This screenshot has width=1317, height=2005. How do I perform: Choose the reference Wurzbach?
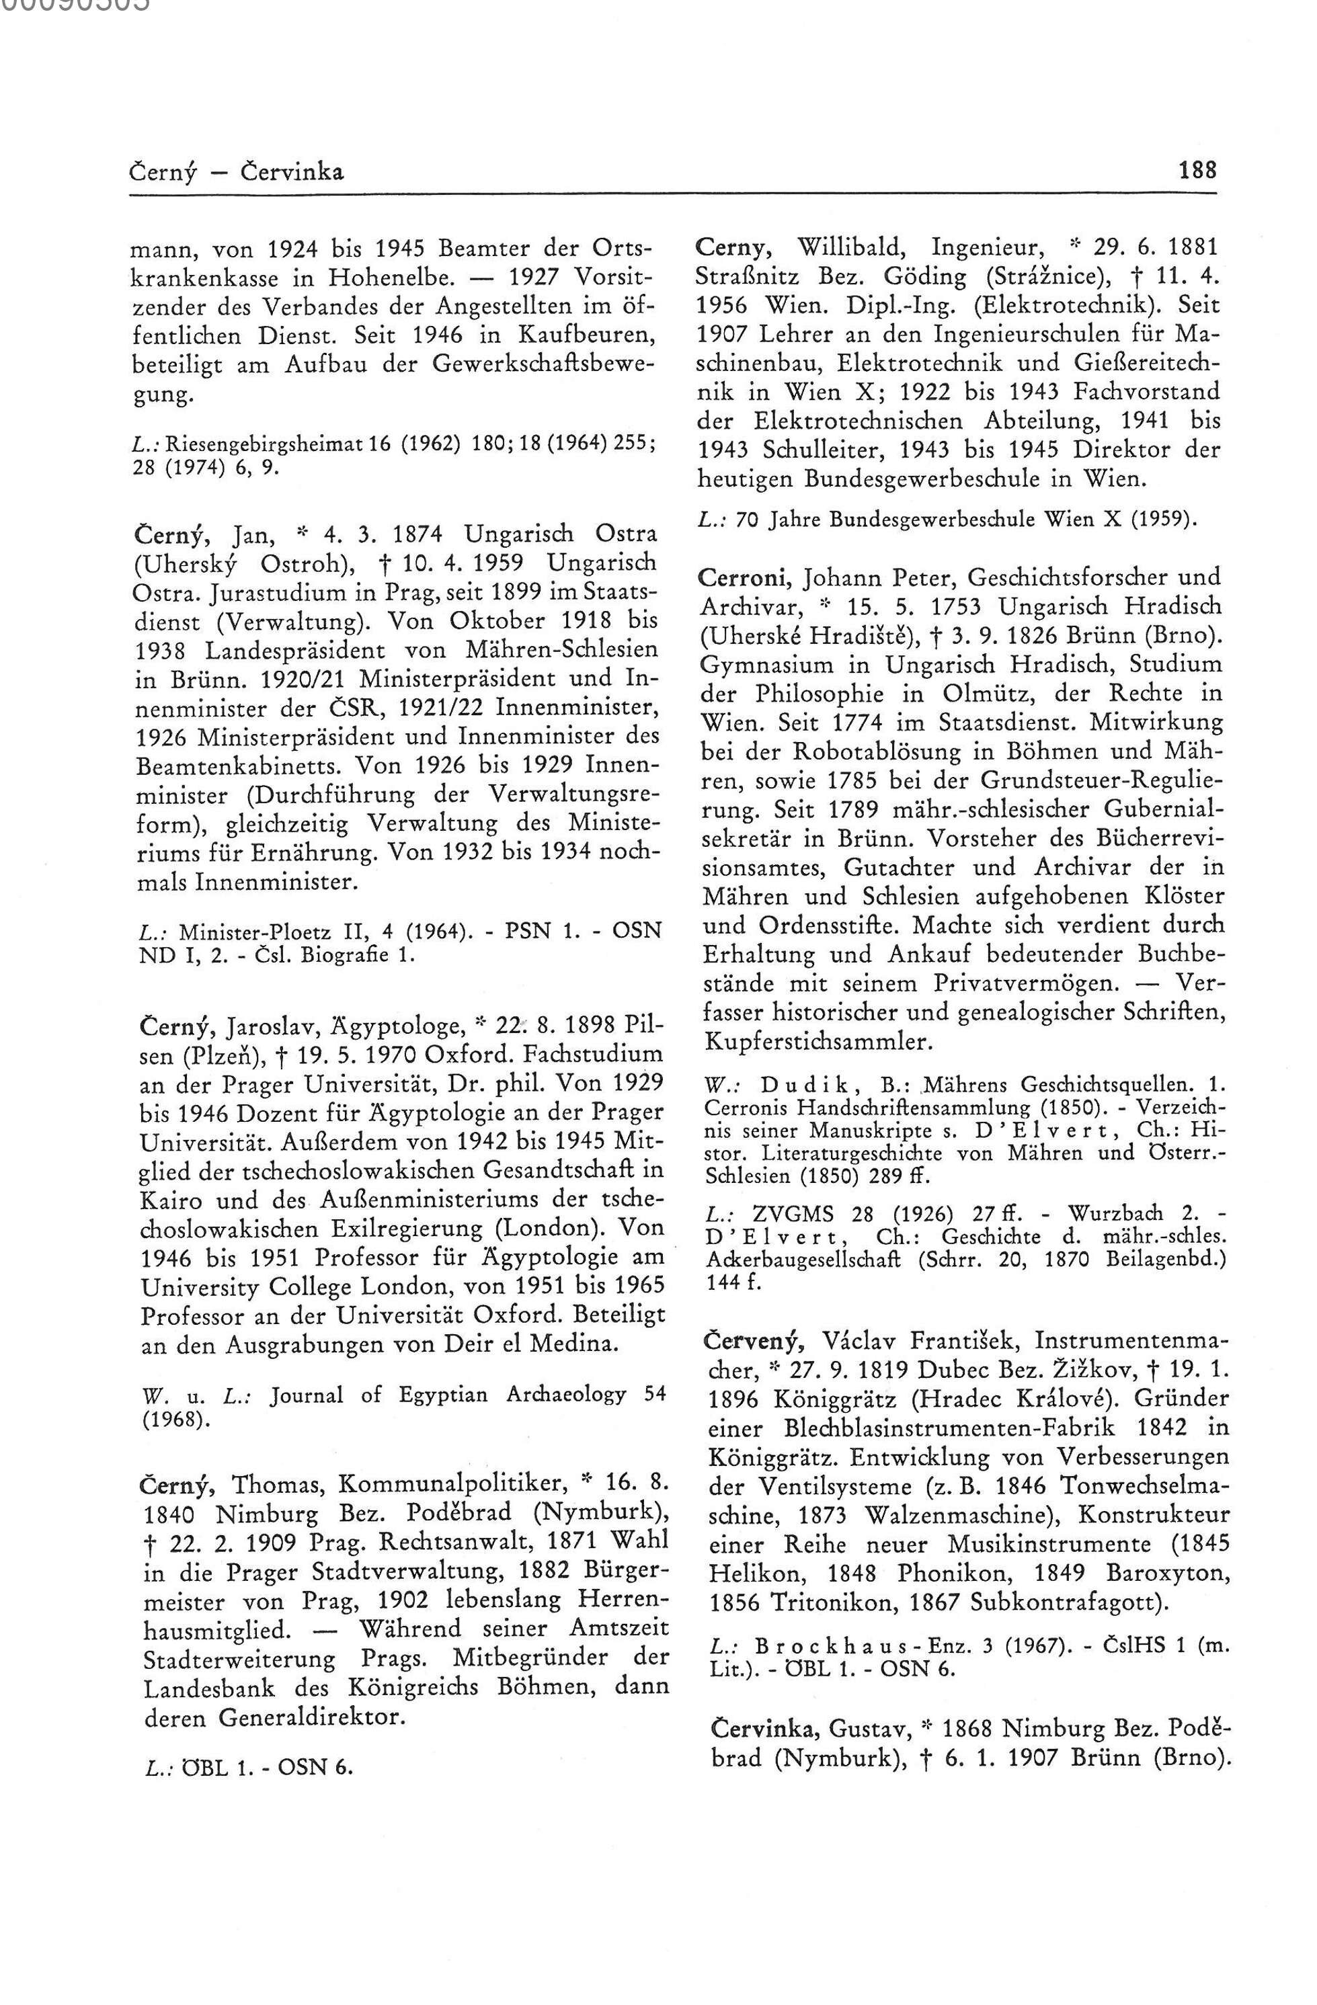(x=1115, y=1214)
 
